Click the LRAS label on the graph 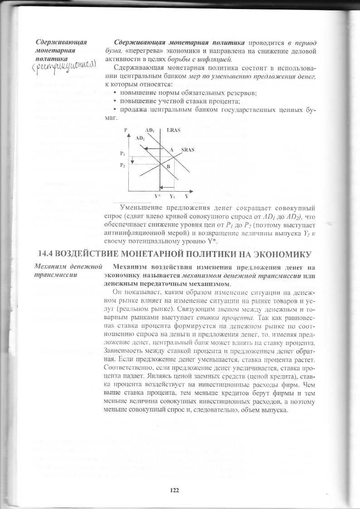[174, 130]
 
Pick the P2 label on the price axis [122, 166]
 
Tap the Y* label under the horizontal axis [157, 196]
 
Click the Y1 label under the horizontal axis [172, 196]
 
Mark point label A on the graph [171, 150]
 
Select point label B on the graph [168, 167]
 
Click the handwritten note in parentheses [63, 68]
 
